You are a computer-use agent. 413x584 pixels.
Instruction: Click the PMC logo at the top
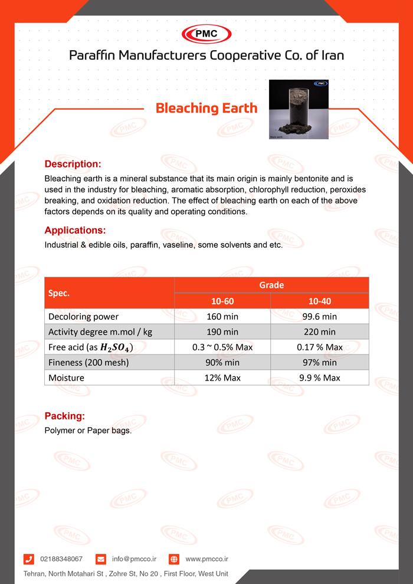(x=206, y=34)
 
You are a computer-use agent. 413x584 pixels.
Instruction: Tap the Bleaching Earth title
(x=206, y=108)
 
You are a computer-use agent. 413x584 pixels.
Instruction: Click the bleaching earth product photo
(x=298, y=110)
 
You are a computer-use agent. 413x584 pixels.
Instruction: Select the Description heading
(x=73, y=163)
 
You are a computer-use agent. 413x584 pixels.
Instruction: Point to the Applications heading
(x=75, y=230)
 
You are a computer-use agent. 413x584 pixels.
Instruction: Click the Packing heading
(x=64, y=416)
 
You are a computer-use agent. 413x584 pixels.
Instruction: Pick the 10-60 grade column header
(x=222, y=301)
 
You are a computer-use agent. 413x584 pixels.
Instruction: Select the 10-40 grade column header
(x=320, y=301)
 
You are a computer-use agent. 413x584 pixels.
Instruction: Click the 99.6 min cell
(x=320, y=317)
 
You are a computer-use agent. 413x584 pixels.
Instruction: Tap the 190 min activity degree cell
(x=222, y=332)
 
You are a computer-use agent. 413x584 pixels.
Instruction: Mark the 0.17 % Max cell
(x=320, y=347)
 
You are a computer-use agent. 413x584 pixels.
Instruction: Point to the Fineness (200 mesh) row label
(x=88, y=363)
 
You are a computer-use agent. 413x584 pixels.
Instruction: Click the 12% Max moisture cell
(x=222, y=378)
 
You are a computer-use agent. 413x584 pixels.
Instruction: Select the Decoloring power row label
(x=84, y=317)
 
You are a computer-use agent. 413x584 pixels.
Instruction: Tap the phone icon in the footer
(x=29, y=559)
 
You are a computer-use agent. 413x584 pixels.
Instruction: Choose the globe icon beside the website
(x=174, y=559)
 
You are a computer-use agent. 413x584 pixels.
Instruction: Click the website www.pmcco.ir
(x=206, y=559)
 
